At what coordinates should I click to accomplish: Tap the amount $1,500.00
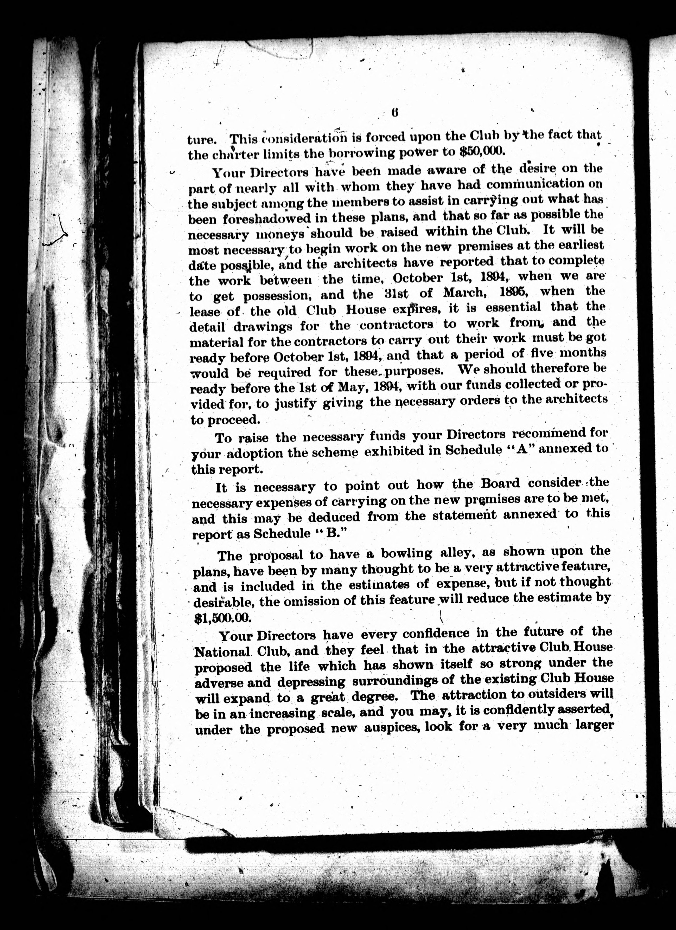pos(222,618)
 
